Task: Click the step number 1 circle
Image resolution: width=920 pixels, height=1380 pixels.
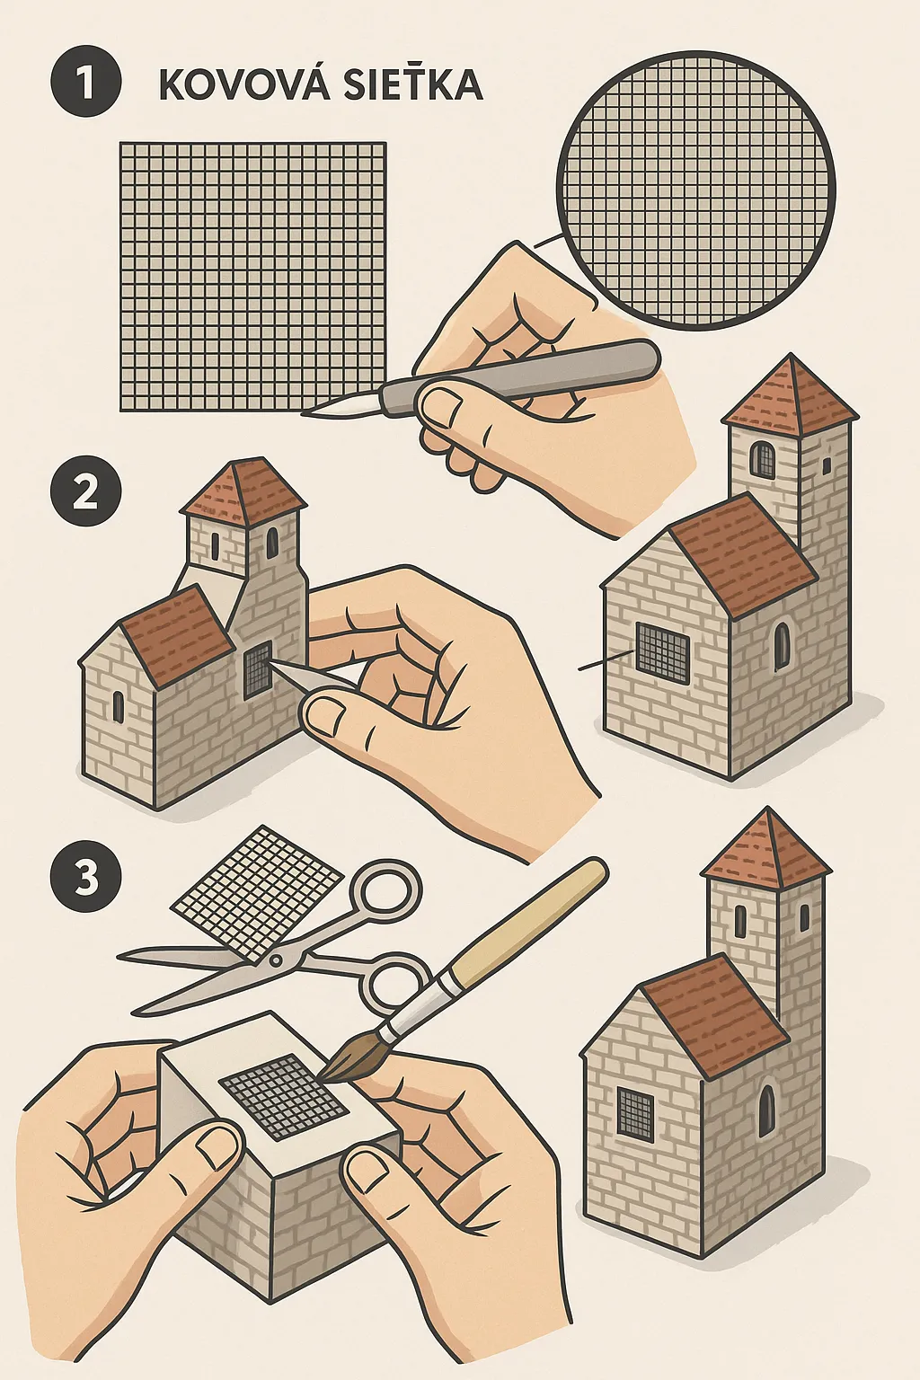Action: click(x=85, y=82)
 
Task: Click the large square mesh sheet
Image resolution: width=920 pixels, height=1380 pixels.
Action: click(x=252, y=276)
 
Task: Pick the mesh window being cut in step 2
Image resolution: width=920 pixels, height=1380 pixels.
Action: click(x=258, y=669)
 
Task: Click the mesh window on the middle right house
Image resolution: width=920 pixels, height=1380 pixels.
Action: click(x=662, y=651)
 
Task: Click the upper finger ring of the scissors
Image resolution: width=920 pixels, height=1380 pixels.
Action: click(x=385, y=890)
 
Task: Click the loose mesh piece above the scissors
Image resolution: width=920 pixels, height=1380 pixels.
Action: click(x=258, y=895)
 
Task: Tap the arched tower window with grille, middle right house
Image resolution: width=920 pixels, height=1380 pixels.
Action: click(x=762, y=458)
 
